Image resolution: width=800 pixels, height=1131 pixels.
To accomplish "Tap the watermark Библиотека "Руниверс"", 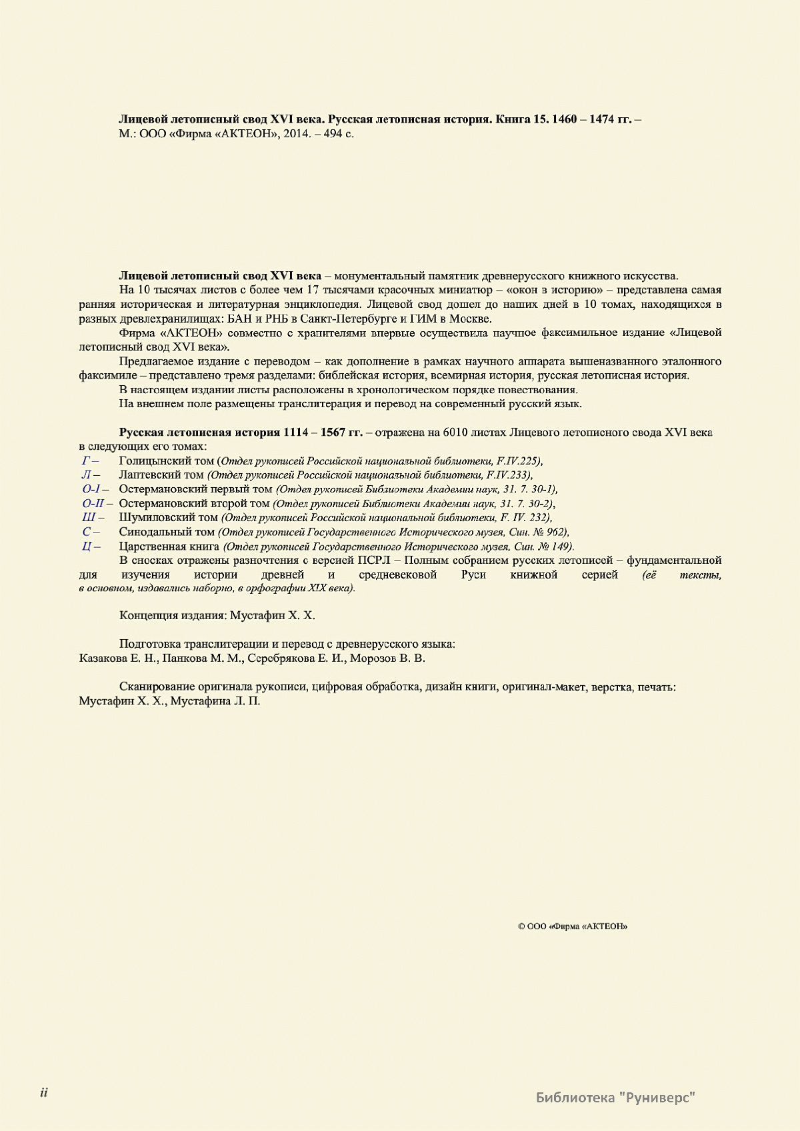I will pos(615,1096).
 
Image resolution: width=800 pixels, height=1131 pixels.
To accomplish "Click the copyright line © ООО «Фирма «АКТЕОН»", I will pos(573,926).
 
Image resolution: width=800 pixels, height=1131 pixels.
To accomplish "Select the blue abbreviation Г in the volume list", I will pos(85,461).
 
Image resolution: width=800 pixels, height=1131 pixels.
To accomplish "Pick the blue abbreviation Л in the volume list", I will pos(85,475).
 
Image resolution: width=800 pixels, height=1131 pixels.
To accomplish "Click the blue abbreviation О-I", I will pos(91,489).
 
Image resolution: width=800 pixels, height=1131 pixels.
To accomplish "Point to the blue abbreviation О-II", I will pos(93,503).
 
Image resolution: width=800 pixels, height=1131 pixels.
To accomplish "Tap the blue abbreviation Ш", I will pos(88,517).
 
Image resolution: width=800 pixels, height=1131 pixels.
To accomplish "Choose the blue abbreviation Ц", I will pos(86,546).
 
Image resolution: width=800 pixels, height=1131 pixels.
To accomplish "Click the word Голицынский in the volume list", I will pos(151,461).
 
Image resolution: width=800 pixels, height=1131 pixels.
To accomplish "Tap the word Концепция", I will pos(147,614).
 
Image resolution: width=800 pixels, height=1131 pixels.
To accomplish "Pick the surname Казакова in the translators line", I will pos(101,658).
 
